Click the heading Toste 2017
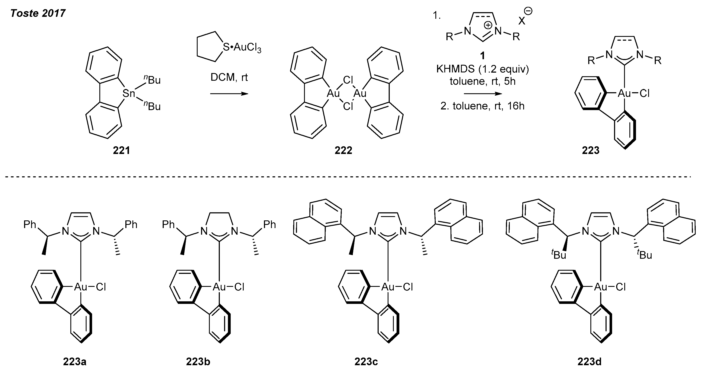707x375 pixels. (x=38, y=13)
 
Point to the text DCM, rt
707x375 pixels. (x=229, y=78)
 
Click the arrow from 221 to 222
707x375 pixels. (x=229, y=94)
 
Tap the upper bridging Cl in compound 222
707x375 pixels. (x=348, y=80)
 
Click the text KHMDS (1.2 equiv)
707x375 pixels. (x=482, y=69)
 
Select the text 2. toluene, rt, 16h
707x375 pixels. (x=482, y=106)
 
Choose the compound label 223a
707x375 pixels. (x=75, y=362)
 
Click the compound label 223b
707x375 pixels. (x=198, y=362)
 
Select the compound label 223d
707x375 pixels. (x=590, y=362)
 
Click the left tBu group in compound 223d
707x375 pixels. (x=559, y=255)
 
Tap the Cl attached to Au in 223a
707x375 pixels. (x=101, y=287)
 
